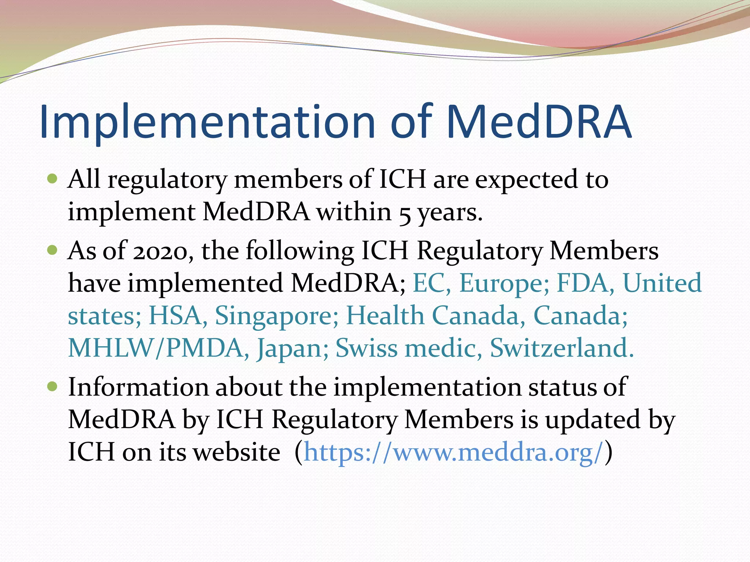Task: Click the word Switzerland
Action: coord(561,348)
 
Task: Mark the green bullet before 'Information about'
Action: coord(53,386)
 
